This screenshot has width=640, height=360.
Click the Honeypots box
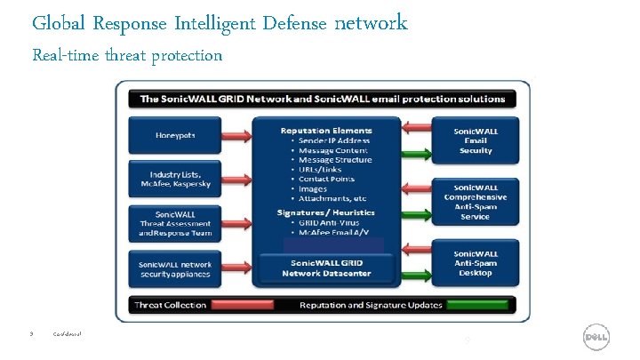click(175, 135)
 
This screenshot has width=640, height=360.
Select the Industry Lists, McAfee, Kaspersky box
click(175, 178)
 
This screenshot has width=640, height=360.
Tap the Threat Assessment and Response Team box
click(175, 223)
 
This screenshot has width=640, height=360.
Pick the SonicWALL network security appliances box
click(175, 268)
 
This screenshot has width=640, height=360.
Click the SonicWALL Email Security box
click(476, 140)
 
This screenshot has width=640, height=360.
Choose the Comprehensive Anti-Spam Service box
click(476, 200)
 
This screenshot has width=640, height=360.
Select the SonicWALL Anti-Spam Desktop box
click(476, 262)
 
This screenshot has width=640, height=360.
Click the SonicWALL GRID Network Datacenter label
click(322, 268)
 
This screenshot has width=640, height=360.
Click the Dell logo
click(595, 338)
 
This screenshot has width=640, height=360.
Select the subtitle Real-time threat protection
click(127, 55)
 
